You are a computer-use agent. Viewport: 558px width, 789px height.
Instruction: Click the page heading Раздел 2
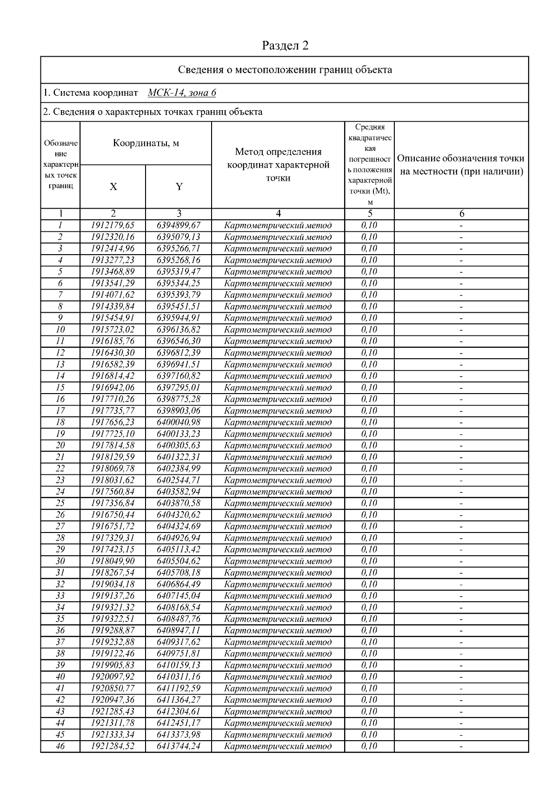[x=285, y=46]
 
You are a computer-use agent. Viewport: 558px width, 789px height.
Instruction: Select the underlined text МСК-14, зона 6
[x=182, y=93]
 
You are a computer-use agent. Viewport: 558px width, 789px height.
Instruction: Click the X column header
[x=113, y=187]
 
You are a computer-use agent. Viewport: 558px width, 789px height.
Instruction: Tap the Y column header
[x=179, y=187]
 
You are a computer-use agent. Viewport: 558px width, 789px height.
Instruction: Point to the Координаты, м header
[x=146, y=143]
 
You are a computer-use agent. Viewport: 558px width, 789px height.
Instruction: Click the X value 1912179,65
[x=113, y=225]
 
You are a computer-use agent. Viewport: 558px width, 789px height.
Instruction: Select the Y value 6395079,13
[x=179, y=237]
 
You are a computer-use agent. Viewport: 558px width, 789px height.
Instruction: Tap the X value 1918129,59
[x=113, y=457]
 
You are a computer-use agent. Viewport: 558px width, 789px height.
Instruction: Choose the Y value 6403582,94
[x=179, y=492]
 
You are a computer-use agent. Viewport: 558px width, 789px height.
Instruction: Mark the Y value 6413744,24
[x=179, y=746]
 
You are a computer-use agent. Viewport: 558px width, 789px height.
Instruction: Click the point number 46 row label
[x=60, y=746]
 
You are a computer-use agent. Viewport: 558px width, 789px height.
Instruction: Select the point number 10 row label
[x=60, y=329]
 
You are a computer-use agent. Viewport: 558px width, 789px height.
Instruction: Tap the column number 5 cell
[x=370, y=214]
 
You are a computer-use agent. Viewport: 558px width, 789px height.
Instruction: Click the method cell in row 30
[x=278, y=561]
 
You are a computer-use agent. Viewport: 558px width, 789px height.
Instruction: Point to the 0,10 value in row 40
[x=369, y=677]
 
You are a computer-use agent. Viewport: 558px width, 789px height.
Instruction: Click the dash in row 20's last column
[x=461, y=446]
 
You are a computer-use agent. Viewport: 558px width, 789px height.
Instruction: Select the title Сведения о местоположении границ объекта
[x=285, y=70]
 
